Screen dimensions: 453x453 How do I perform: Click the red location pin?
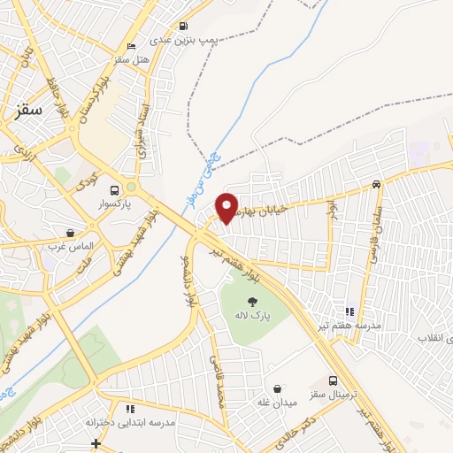point(227,207)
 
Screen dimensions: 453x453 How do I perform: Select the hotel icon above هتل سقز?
point(132,46)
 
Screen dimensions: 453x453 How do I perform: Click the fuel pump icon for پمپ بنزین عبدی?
point(183,26)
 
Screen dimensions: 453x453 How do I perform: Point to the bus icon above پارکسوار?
point(114,189)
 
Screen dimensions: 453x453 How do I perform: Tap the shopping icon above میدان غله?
point(279,388)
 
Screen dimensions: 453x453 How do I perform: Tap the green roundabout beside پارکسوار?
point(132,188)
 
